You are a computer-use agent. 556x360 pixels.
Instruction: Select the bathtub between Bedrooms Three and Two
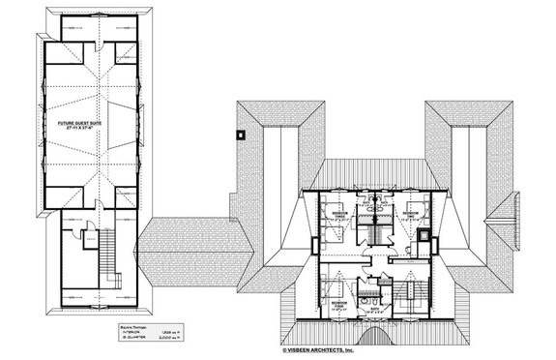(375, 208)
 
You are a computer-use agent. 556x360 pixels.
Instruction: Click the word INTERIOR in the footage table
(125, 335)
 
